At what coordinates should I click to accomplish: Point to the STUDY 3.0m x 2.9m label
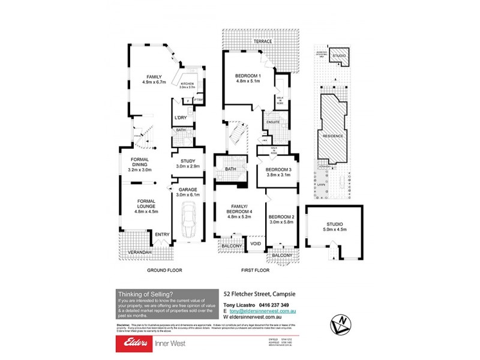pos(187,163)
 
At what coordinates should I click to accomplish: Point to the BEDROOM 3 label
pos(278,173)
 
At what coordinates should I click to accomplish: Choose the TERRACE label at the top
pos(262,41)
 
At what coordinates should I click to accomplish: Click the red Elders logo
pos(138,343)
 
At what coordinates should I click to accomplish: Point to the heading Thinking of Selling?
pos(146,294)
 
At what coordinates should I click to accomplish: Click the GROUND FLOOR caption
pos(164,271)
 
